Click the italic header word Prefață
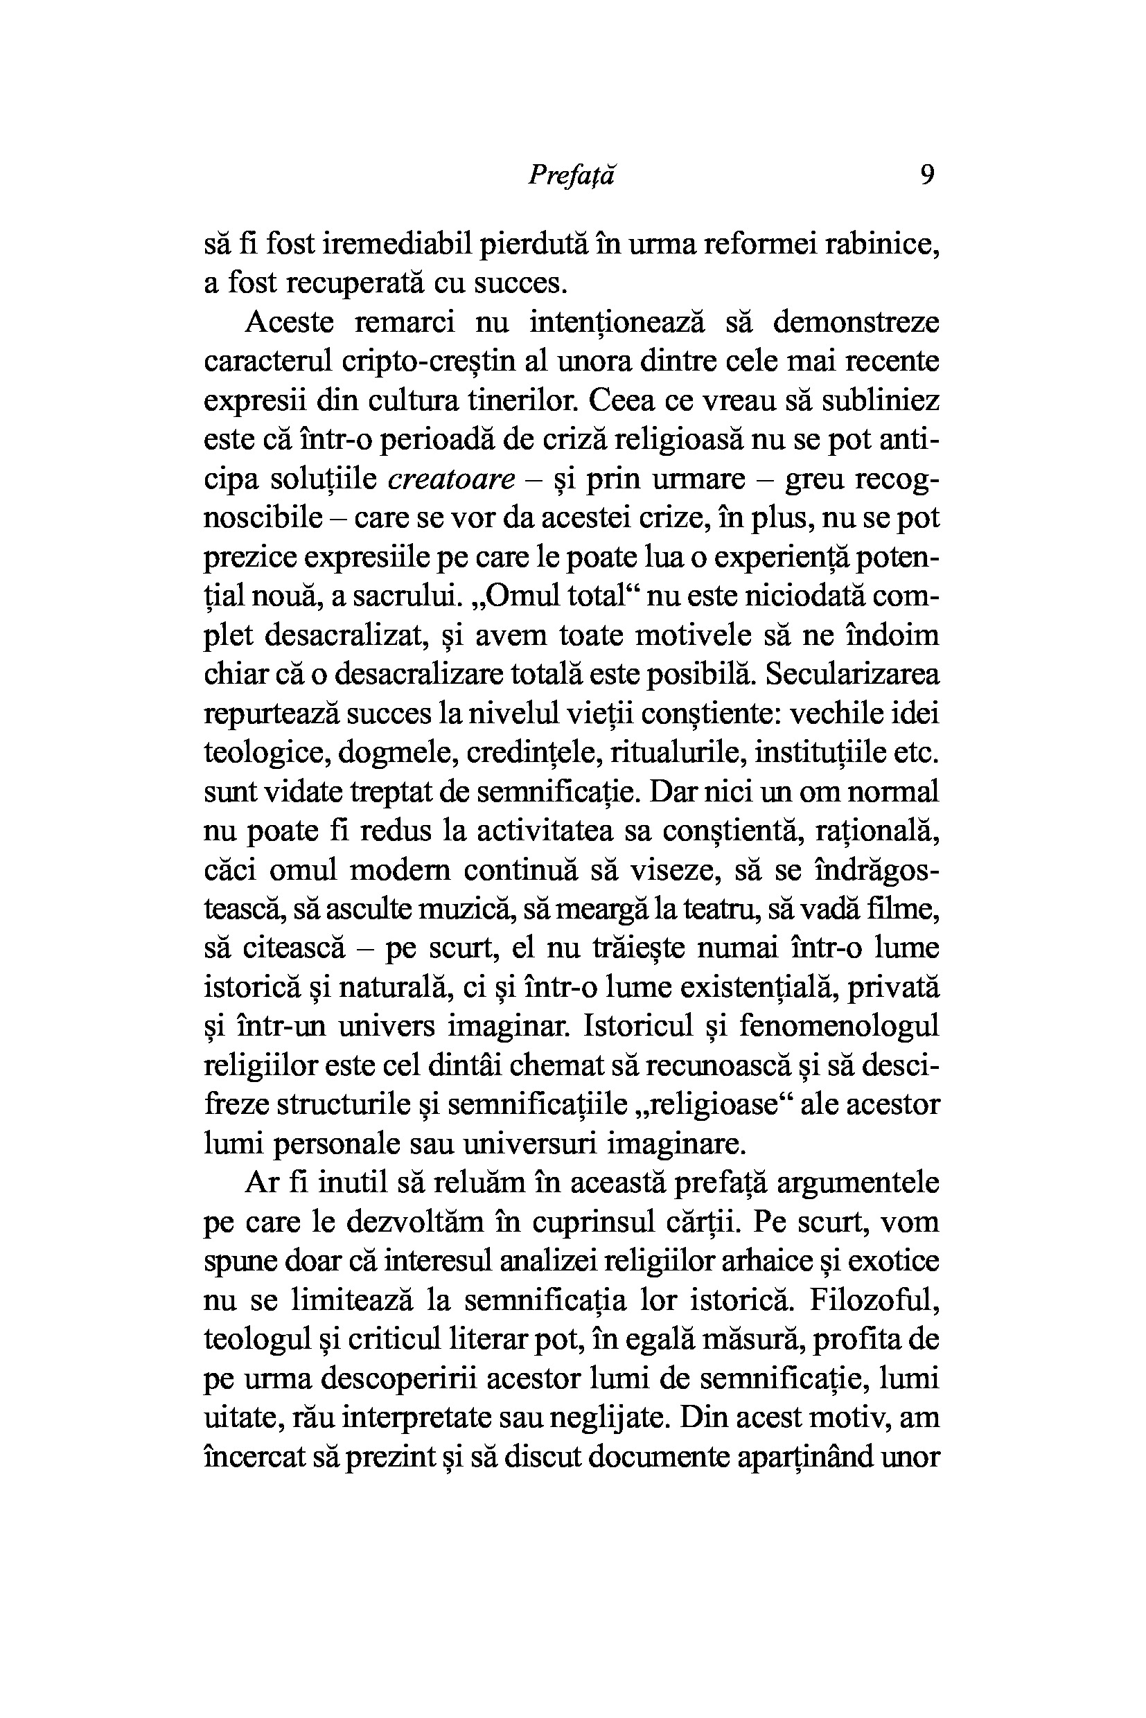[x=572, y=176]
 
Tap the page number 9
[x=928, y=175]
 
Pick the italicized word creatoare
[x=452, y=479]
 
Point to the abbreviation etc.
[x=917, y=754]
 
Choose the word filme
[x=902, y=910]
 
